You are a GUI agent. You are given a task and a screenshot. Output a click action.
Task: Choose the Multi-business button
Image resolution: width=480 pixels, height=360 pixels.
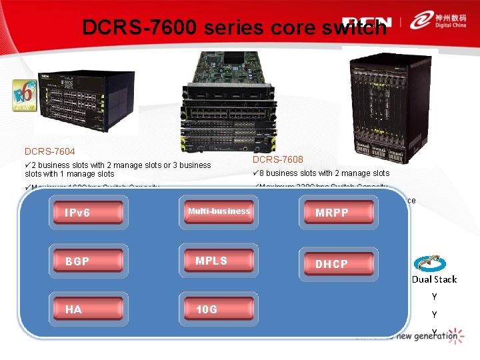pyautogui.click(x=219, y=212)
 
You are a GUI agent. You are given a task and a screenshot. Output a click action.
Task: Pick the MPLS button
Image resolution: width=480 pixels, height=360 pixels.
pyautogui.click(x=219, y=261)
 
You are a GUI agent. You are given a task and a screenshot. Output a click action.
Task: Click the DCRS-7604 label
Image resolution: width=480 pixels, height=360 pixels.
pyautogui.click(x=50, y=151)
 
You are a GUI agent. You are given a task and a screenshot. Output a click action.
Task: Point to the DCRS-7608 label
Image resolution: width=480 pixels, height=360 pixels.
pyautogui.click(x=278, y=159)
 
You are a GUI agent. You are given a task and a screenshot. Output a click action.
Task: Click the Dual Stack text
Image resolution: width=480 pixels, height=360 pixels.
pyautogui.click(x=434, y=279)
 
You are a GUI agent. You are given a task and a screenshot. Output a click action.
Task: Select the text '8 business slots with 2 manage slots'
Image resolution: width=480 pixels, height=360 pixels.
pyautogui.click(x=324, y=173)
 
